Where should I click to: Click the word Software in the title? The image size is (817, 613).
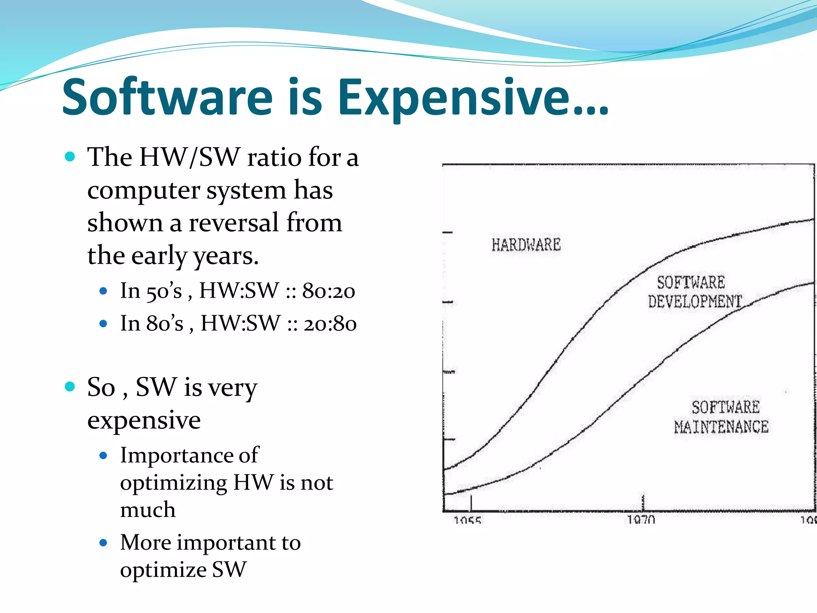(x=168, y=97)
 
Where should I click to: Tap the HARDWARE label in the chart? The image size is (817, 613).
(x=526, y=245)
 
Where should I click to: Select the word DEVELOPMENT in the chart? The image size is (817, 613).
(x=695, y=301)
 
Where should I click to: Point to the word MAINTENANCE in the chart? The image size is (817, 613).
(x=721, y=427)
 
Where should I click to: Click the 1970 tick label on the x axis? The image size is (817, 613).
(x=641, y=519)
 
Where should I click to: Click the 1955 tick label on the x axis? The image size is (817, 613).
(x=467, y=520)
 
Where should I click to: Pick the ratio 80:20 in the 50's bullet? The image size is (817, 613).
(x=328, y=291)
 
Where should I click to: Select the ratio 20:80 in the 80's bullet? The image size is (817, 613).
(x=330, y=324)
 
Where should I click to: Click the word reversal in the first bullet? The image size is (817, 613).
(x=233, y=223)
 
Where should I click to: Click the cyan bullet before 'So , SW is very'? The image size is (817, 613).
(x=70, y=386)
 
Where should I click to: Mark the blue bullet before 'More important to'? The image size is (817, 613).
(x=103, y=543)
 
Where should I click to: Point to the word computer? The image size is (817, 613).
(x=143, y=190)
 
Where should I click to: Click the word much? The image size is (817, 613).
(x=148, y=510)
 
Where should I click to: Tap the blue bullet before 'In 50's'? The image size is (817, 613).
(x=103, y=291)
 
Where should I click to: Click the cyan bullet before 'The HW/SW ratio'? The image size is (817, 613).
(x=70, y=156)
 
